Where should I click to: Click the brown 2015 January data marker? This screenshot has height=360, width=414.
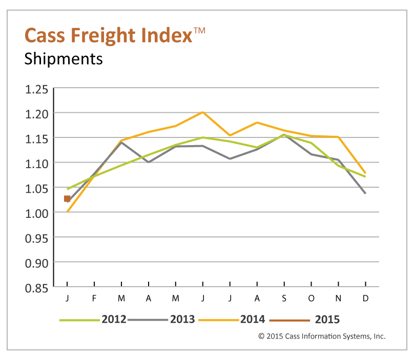tap(67, 198)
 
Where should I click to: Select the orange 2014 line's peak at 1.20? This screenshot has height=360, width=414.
tap(203, 112)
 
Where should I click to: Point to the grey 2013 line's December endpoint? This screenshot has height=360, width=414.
tap(365, 193)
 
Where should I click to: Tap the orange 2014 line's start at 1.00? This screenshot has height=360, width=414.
tap(67, 211)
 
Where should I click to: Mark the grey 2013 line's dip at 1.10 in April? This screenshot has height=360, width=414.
tap(149, 162)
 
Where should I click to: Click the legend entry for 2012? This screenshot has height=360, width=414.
tap(92, 319)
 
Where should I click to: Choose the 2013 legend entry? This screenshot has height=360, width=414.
tap(161, 319)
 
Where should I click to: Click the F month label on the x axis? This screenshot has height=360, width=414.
tap(94, 298)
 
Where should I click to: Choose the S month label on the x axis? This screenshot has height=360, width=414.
tap(284, 298)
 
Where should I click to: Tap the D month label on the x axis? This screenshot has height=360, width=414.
tap(365, 298)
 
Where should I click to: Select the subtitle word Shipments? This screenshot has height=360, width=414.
tap(64, 59)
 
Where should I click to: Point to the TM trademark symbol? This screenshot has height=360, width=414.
tap(199, 30)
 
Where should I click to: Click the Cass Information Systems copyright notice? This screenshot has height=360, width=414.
tap(321, 336)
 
